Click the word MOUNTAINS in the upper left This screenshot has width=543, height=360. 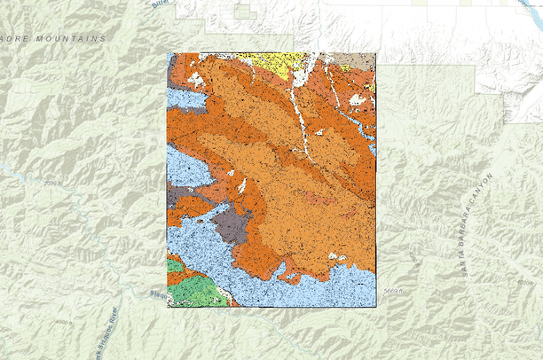pyautogui.click(x=75, y=39)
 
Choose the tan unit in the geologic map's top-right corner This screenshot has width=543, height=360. pyautogui.click(x=363, y=60)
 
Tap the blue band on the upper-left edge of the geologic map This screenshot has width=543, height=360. pyautogui.click(x=184, y=98)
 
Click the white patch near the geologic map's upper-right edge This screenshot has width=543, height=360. pyautogui.click(x=358, y=99)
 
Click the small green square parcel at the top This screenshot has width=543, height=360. pyautogui.click(x=241, y=12)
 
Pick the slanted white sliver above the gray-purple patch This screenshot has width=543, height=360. pyautogui.click(x=241, y=185)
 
